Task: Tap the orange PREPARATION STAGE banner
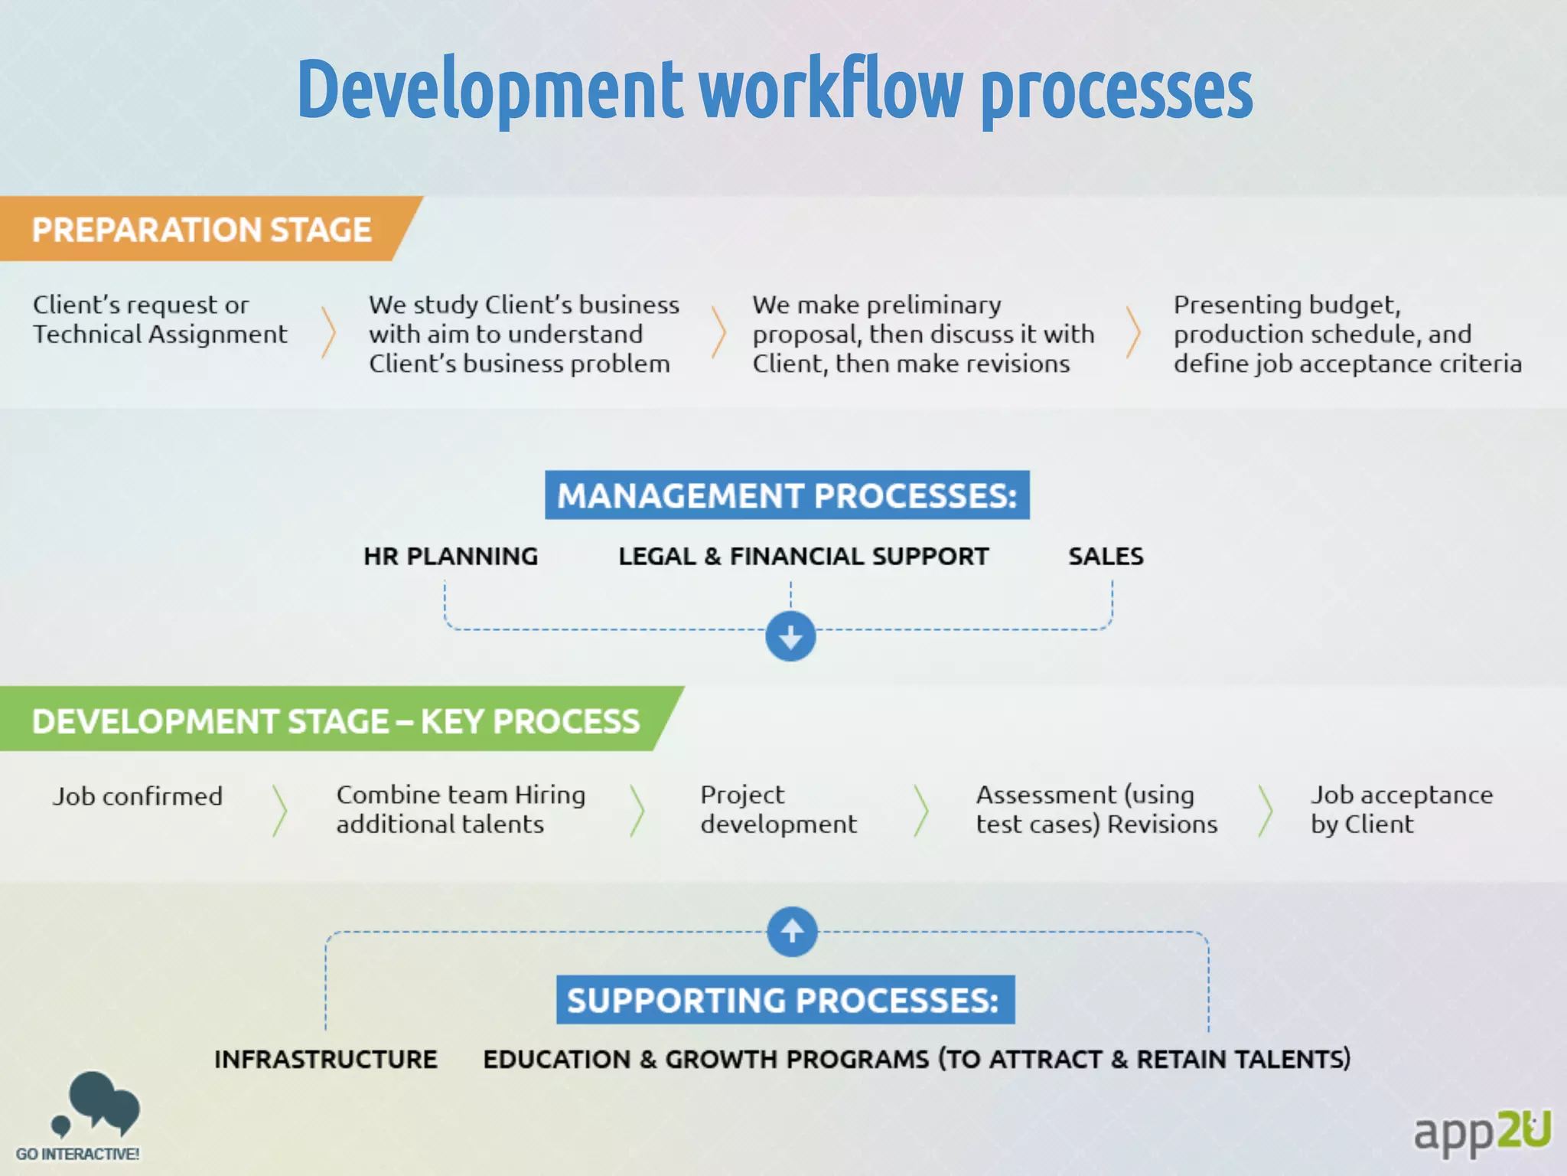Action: (x=202, y=230)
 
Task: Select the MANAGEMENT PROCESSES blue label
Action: (x=787, y=495)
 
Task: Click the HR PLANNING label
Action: (x=451, y=557)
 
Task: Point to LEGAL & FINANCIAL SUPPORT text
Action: (x=803, y=557)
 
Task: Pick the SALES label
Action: (x=1106, y=557)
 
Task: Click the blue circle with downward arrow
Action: (x=790, y=636)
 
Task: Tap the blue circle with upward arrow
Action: (x=792, y=931)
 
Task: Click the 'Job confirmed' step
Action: (x=138, y=796)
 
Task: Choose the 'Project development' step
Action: (x=778, y=809)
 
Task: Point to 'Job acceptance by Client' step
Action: (x=1401, y=809)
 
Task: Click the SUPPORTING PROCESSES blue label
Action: (x=785, y=1000)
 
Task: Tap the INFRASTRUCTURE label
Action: (x=326, y=1059)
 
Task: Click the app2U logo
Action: (x=1481, y=1132)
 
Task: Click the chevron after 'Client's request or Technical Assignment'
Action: (x=329, y=332)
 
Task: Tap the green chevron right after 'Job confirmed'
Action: (x=280, y=809)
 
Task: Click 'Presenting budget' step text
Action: (x=1347, y=334)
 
